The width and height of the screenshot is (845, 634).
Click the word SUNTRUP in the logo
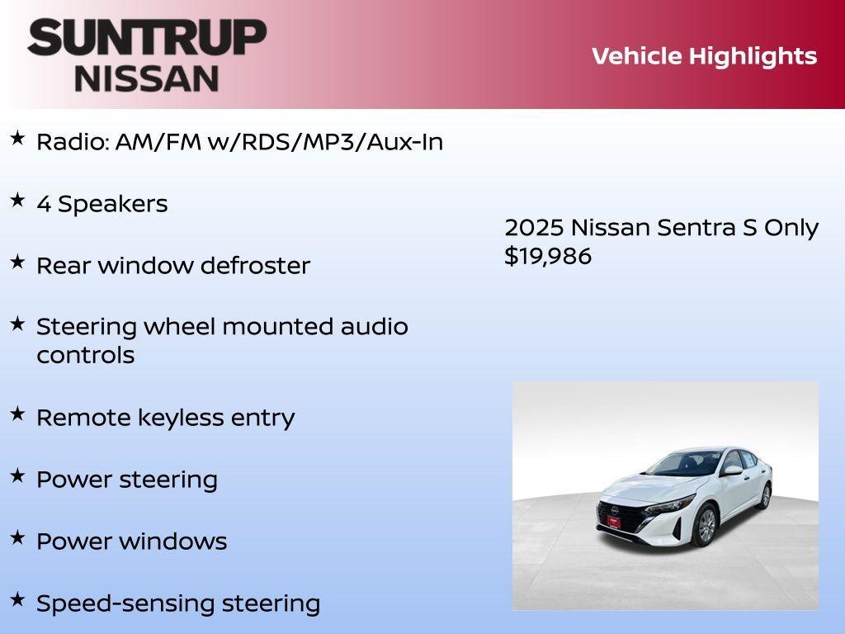pyautogui.click(x=147, y=38)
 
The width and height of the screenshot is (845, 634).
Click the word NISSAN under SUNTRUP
pyautogui.click(x=147, y=78)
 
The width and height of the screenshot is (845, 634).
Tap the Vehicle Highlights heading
pyautogui.click(x=704, y=56)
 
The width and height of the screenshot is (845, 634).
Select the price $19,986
pyautogui.click(x=548, y=256)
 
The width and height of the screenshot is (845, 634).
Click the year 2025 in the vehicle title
pyautogui.click(x=534, y=228)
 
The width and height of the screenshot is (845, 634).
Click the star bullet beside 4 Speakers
pyautogui.click(x=17, y=200)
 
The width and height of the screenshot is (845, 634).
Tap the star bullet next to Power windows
pyautogui.click(x=17, y=537)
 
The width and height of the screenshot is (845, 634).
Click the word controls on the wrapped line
pyautogui.click(x=85, y=356)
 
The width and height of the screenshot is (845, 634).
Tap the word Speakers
pyautogui.click(x=112, y=205)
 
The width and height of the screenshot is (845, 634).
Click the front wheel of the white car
pyautogui.click(x=705, y=525)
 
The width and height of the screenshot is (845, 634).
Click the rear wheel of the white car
pyautogui.click(x=765, y=495)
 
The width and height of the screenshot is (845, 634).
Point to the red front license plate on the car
pyautogui.click(x=613, y=523)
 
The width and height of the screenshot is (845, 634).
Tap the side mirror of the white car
pyautogui.click(x=732, y=471)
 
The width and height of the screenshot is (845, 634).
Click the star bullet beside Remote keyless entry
pyautogui.click(x=17, y=414)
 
